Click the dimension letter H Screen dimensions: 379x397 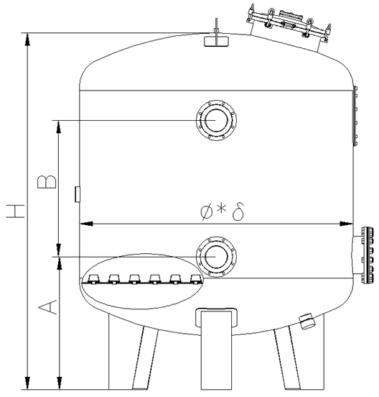(16, 211)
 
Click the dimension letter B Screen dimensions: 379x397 (47, 181)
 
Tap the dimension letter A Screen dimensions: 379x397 (47, 307)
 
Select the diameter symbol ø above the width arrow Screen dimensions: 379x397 (207, 212)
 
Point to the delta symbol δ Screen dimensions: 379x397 (238, 211)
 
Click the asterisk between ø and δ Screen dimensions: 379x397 (221, 209)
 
